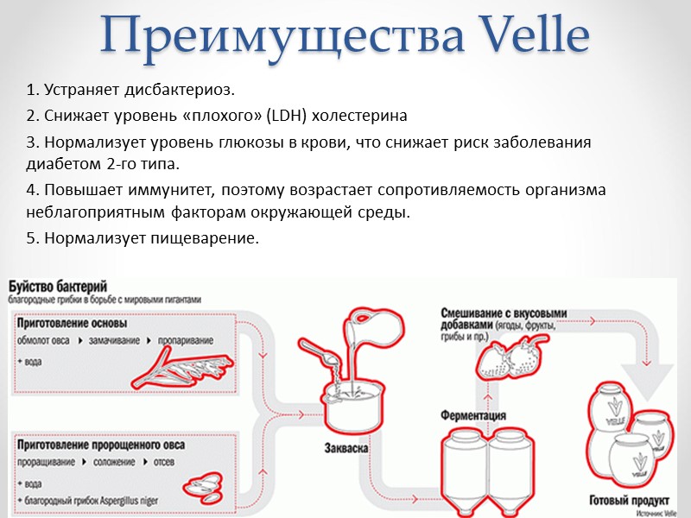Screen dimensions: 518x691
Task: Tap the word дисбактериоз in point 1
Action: coord(181,90)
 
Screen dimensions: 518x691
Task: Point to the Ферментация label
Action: coord(473,415)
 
